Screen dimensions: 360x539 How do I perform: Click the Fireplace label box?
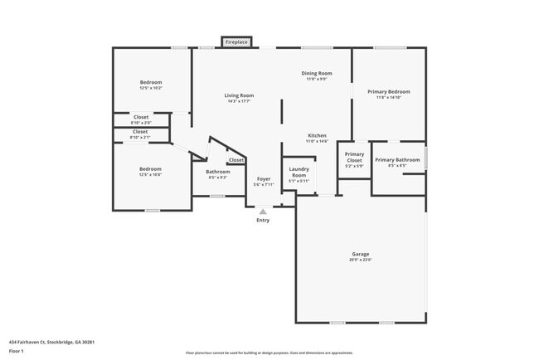tap(236, 41)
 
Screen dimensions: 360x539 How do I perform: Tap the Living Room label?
tap(239, 95)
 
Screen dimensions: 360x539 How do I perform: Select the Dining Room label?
tap(316, 74)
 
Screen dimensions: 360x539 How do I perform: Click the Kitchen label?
tap(317, 135)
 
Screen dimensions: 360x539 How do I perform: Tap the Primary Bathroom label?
tap(396, 159)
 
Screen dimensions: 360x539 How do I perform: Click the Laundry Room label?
tap(299, 172)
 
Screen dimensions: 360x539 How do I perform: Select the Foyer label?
tap(264, 179)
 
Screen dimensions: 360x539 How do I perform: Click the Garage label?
tap(361, 254)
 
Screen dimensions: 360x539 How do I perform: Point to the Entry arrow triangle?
tap(263, 212)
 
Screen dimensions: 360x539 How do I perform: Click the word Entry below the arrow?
tap(263, 221)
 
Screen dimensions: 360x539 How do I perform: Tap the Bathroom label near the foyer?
tap(218, 172)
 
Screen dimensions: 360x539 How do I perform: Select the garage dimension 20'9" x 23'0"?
tap(361, 260)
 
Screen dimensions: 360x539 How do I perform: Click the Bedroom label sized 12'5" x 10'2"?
tap(151, 82)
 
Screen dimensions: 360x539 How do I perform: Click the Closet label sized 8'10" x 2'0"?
tap(141, 117)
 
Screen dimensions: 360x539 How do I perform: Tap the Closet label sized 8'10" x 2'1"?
tap(140, 131)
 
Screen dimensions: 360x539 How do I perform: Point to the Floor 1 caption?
tap(15, 352)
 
